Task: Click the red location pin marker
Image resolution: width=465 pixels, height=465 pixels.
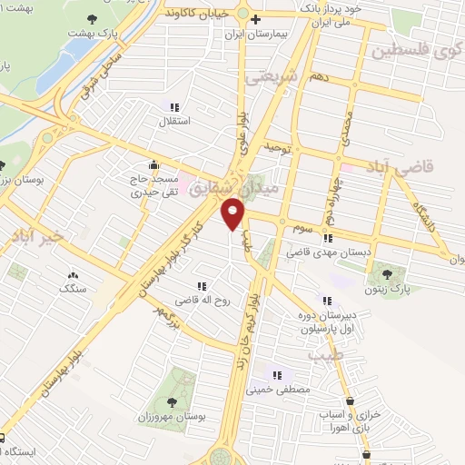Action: click(234, 215)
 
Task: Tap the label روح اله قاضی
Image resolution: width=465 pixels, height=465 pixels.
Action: click(192, 298)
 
